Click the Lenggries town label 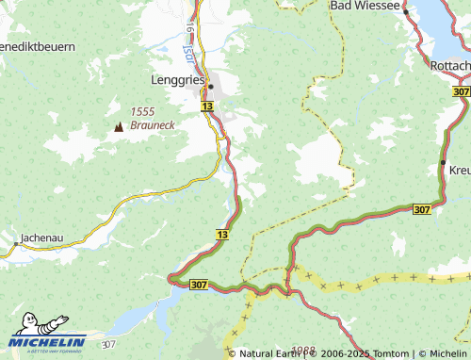[x=178, y=81]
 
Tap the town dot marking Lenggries [x=211, y=87]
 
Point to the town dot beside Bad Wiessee [x=406, y=11]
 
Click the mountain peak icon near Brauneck [x=119, y=125]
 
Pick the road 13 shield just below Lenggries [x=207, y=108]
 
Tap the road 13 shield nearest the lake [x=222, y=233]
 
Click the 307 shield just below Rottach [x=461, y=91]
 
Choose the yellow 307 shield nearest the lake [x=198, y=284]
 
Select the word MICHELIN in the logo [x=49, y=343]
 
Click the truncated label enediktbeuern [x=38, y=45]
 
